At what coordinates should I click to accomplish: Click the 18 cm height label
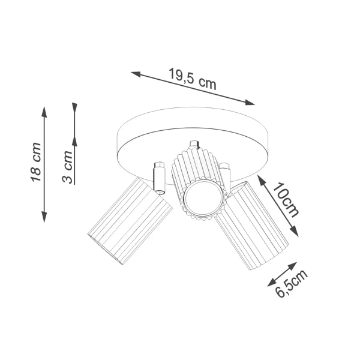(x=35, y=163)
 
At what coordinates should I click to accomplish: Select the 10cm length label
(x=286, y=199)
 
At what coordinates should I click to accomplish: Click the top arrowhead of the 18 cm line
(x=44, y=112)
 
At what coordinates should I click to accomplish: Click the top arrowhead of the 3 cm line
(x=75, y=107)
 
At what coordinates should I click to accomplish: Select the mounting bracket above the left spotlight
(x=159, y=176)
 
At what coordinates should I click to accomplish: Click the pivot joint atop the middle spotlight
(x=194, y=145)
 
